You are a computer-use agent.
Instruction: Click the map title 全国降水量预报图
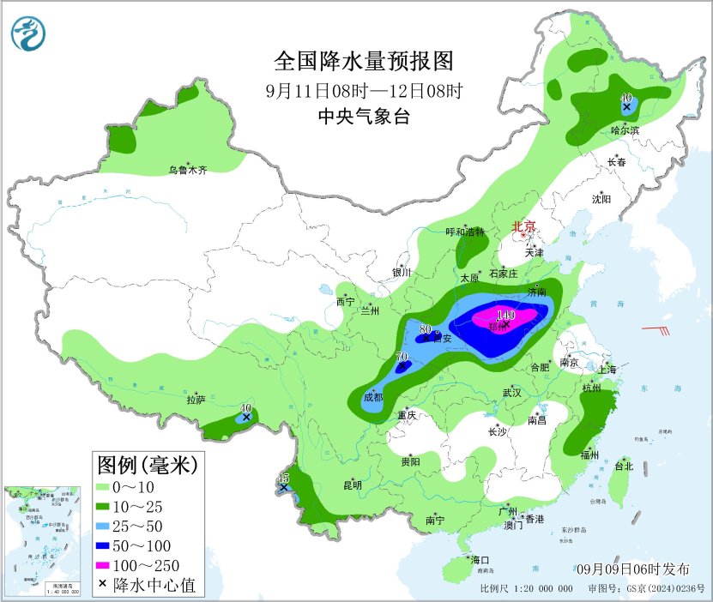click(x=362, y=62)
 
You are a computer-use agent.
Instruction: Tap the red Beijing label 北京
click(x=523, y=227)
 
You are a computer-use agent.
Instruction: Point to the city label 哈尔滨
click(x=625, y=130)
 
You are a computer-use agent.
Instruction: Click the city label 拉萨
click(x=196, y=400)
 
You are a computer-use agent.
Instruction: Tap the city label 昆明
click(x=353, y=485)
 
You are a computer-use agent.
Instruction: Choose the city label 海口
click(x=479, y=560)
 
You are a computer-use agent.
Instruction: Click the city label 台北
click(x=624, y=467)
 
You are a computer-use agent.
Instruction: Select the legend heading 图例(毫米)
click(x=148, y=466)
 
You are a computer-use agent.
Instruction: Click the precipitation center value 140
click(x=505, y=316)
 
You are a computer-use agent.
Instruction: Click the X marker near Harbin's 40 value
click(x=626, y=108)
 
